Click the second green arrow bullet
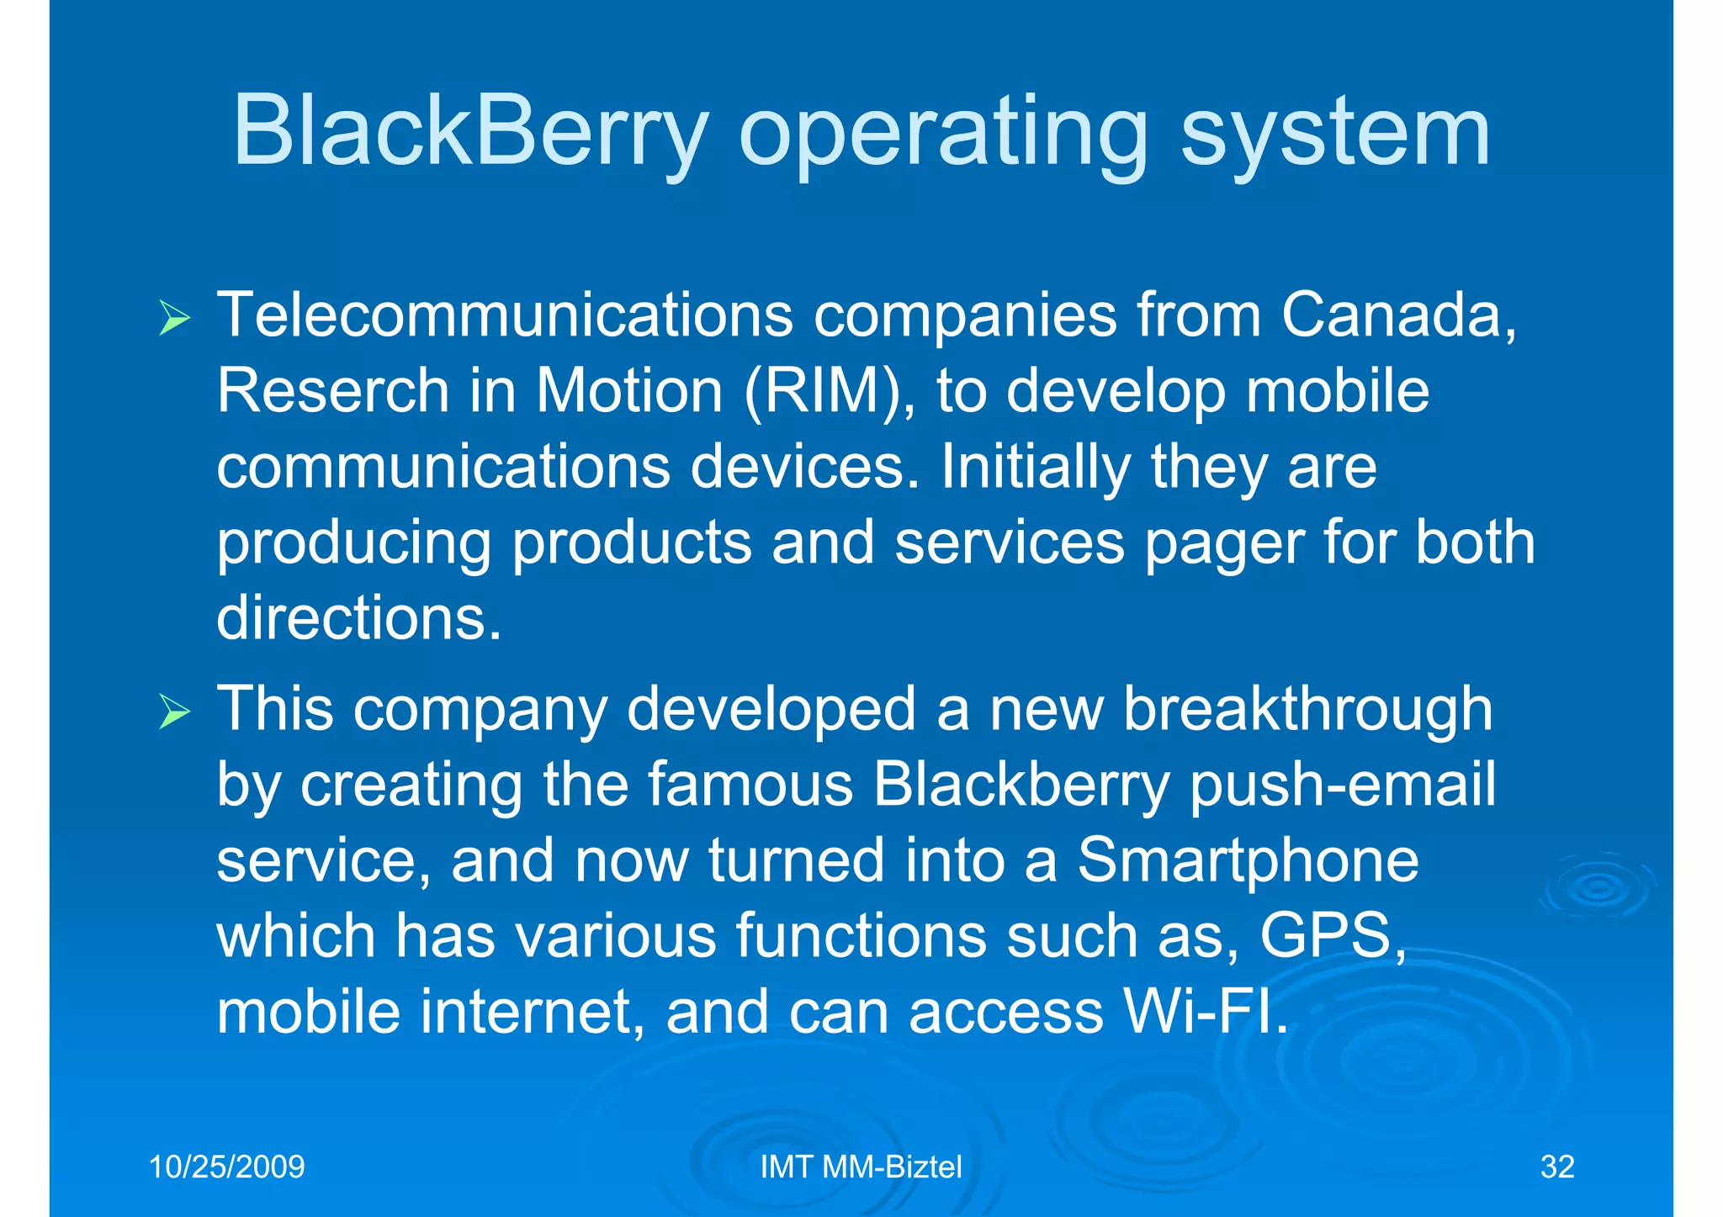[x=174, y=713]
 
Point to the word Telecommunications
[x=505, y=315]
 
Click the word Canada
[x=1397, y=315]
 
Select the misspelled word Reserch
[x=333, y=390]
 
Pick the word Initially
[x=1035, y=468]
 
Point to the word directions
[x=358, y=618]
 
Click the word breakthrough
[x=1307, y=709]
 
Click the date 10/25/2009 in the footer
[x=226, y=1167]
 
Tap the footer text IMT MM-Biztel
[x=861, y=1167]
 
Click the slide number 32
[x=1556, y=1167]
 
